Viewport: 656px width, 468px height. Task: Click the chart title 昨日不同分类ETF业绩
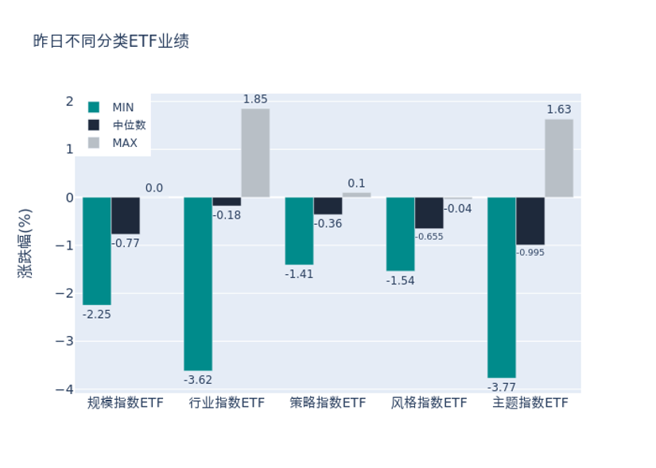111,41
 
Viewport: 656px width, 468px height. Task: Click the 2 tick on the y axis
69,102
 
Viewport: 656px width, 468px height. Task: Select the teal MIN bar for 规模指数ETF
97,251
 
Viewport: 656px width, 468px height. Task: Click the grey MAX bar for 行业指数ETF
255,153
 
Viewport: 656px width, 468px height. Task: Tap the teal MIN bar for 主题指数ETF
502,287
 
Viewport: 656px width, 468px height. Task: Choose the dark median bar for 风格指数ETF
429,213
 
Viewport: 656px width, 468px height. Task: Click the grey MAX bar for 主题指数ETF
559,158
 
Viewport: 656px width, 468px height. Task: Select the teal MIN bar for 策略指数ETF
299,230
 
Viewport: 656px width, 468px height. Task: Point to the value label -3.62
198,380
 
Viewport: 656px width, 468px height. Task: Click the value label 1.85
255,99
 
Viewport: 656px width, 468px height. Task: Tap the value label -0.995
530,253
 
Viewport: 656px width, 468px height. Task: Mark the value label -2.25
97,315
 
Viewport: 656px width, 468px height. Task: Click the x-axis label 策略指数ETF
328,403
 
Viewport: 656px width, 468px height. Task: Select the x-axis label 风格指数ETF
429,403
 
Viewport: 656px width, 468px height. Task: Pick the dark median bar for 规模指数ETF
126,215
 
